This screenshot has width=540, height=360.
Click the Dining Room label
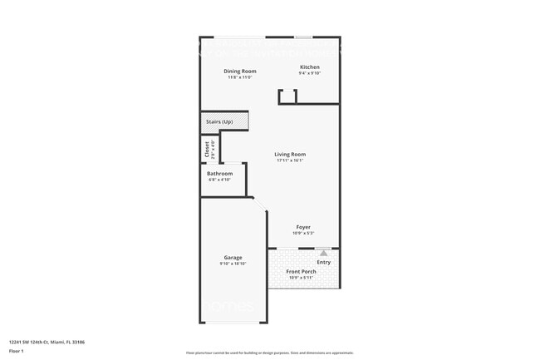coord(239,72)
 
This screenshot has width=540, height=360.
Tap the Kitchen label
coord(309,67)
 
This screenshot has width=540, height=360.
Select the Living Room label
coord(291,154)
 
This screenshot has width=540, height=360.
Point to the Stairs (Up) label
coord(219,122)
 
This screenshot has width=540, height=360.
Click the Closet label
coord(207,149)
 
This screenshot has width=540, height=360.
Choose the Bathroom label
coord(219,173)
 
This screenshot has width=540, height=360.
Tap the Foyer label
coord(304,227)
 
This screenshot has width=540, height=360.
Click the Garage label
coord(233,257)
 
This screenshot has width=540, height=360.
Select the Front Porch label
coord(302,271)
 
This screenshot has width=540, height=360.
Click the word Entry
coord(323,263)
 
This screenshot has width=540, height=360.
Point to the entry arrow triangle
coord(323,253)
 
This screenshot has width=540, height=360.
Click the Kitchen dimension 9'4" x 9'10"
coord(309,74)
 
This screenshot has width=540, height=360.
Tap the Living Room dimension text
coord(291,160)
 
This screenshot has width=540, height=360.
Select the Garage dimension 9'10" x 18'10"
coord(233,264)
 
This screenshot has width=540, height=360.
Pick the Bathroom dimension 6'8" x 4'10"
coord(219,180)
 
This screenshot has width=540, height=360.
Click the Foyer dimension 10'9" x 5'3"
coord(304,234)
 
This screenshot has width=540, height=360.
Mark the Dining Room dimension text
coord(239,78)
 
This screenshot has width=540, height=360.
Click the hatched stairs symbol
coord(241,122)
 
